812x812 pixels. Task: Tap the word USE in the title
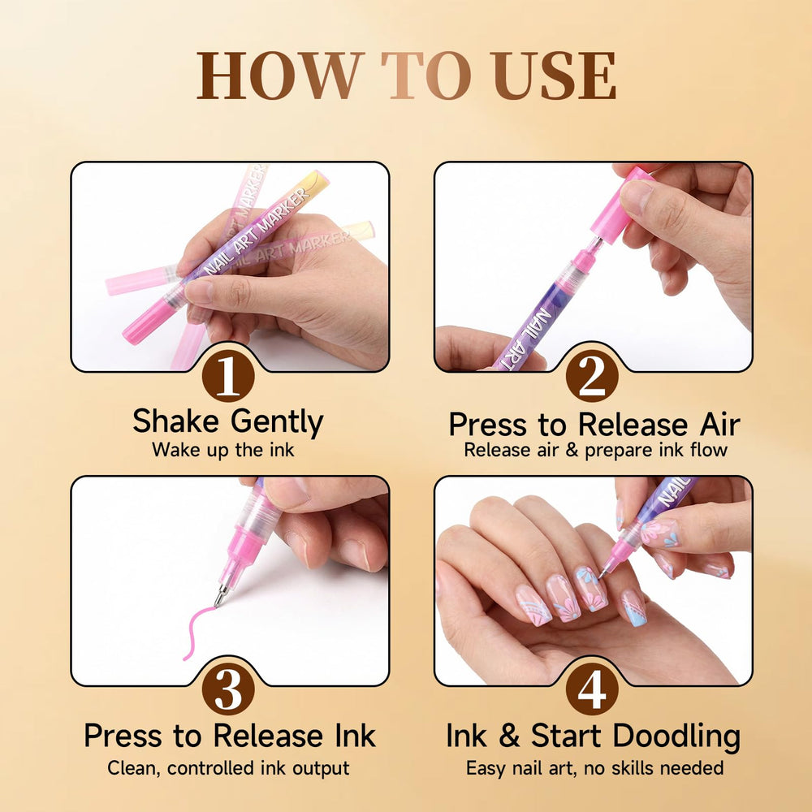[554, 76]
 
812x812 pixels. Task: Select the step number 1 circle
[228, 375]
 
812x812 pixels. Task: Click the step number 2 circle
[592, 375]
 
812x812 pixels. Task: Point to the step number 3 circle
[228, 689]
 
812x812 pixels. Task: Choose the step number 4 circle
[592, 689]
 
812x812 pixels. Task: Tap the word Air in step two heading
[719, 425]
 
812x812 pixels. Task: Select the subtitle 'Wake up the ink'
[223, 450]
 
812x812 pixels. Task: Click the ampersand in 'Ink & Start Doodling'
[510, 736]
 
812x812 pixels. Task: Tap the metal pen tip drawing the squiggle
[221, 595]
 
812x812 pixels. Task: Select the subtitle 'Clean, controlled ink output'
[228, 768]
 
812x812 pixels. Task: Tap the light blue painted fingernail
[634, 608]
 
